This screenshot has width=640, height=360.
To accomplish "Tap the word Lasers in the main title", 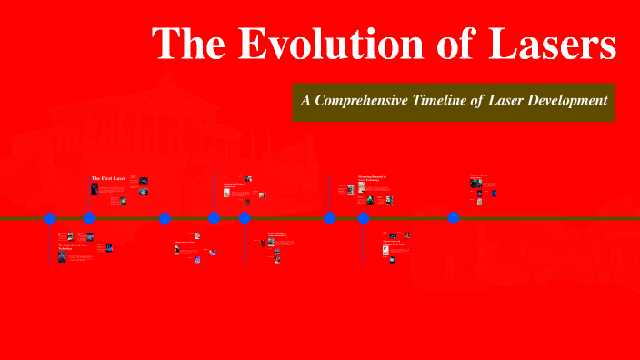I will pyautogui.click(x=549, y=45).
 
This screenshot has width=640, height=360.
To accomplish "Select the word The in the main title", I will pyautogui.click(x=185, y=45).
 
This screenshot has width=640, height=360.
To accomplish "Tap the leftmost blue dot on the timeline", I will pyautogui.click(x=50, y=218).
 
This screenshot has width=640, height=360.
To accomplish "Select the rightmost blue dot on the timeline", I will pyautogui.click(x=454, y=218).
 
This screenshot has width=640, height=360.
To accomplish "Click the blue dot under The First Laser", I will pyautogui.click(x=89, y=218).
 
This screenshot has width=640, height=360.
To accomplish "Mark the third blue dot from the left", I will pyautogui.click(x=165, y=218).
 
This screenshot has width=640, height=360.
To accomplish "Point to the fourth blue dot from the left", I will pyautogui.click(x=214, y=218).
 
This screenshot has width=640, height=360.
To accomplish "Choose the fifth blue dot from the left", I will pyautogui.click(x=245, y=218).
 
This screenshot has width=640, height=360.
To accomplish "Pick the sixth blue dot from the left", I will pyautogui.click(x=330, y=218).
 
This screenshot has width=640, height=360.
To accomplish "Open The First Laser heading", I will pyautogui.click(x=108, y=178).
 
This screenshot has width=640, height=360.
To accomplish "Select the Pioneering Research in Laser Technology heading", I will pyautogui.click(x=372, y=178).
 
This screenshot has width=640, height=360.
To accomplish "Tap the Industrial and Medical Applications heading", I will pyautogui.click(x=235, y=186).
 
